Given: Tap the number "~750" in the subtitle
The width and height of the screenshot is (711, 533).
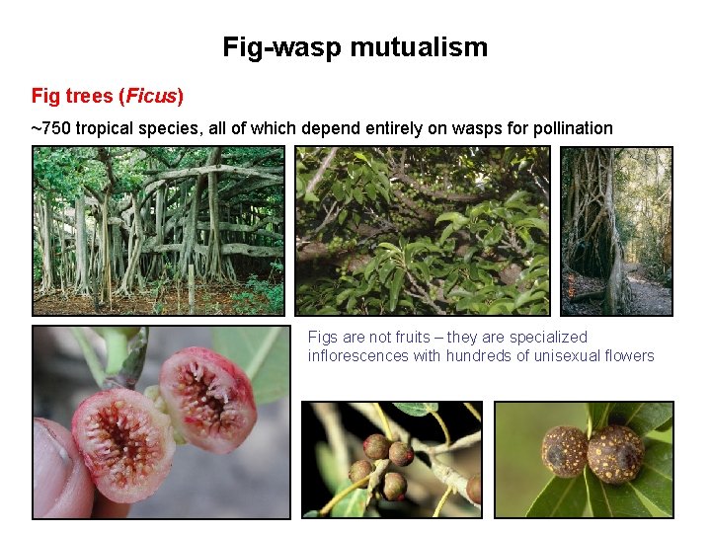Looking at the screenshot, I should pyautogui.click(x=50, y=128).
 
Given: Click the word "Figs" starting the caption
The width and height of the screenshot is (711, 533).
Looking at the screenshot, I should pyautogui.click(x=323, y=338).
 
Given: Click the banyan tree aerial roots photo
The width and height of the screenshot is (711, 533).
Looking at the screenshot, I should pyautogui.click(x=158, y=230).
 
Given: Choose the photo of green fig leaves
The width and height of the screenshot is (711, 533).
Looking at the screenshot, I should pyautogui.click(x=423, y=230).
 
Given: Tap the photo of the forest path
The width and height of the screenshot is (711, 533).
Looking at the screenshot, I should pyautogui.click(x=616, y=230).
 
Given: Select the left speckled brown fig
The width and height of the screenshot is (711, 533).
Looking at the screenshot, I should pyautogui.click(x=564, y=452).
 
